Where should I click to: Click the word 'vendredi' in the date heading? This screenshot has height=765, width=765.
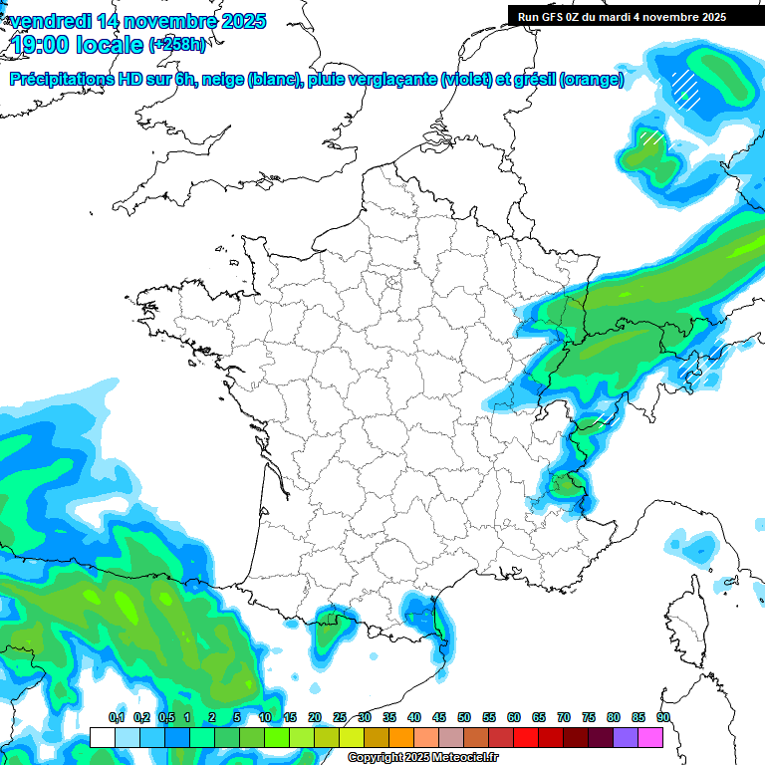pyautogui.click(x=52, y=21)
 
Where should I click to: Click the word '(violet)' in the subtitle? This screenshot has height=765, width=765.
pyautogui.click(x=467, y=80)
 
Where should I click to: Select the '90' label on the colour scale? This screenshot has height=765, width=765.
pyautogui.click(x=663, y=717)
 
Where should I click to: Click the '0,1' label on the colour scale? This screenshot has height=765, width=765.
pyautogui.click(x=117, y=717)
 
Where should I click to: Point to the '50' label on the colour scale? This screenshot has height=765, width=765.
pyautogui.click(x=464, y=717)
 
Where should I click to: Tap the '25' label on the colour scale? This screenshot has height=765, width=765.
pyautogui.click(x=340, y=717)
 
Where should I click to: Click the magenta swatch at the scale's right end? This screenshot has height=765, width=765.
pyautogui.click(x=650, y=737)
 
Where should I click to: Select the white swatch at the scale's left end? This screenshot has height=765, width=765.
pyautogui.click(x=102, y=737)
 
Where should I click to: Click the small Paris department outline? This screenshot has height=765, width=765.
pyautogui.click(x=393, y=282)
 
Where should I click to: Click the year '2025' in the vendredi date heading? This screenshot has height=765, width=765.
pyautogui.click(x=238, y=21)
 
